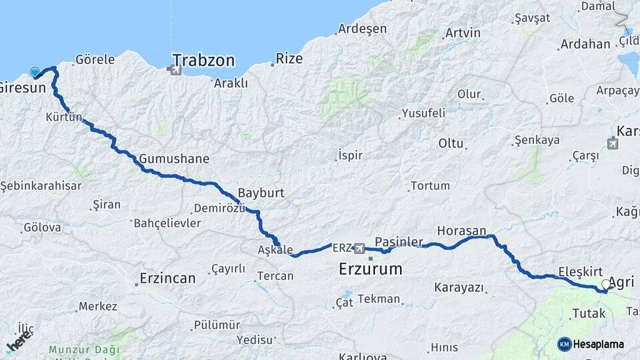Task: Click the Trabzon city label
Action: (203, 61)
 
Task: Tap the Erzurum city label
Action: (370, 269)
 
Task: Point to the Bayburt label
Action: (261, 193)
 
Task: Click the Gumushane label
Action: (174, 159)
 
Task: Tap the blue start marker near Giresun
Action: (35, 71)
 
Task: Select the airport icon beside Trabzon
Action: (175, 69)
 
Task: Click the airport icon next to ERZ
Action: (360, 248)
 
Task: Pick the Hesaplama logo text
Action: (601, 344)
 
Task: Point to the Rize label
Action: (289, 59)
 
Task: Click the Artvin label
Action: (463, 33)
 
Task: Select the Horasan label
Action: (461, 231)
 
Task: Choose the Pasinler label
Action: (399, 241)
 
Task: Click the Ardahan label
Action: (585, 44)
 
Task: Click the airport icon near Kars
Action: (613, 142)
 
